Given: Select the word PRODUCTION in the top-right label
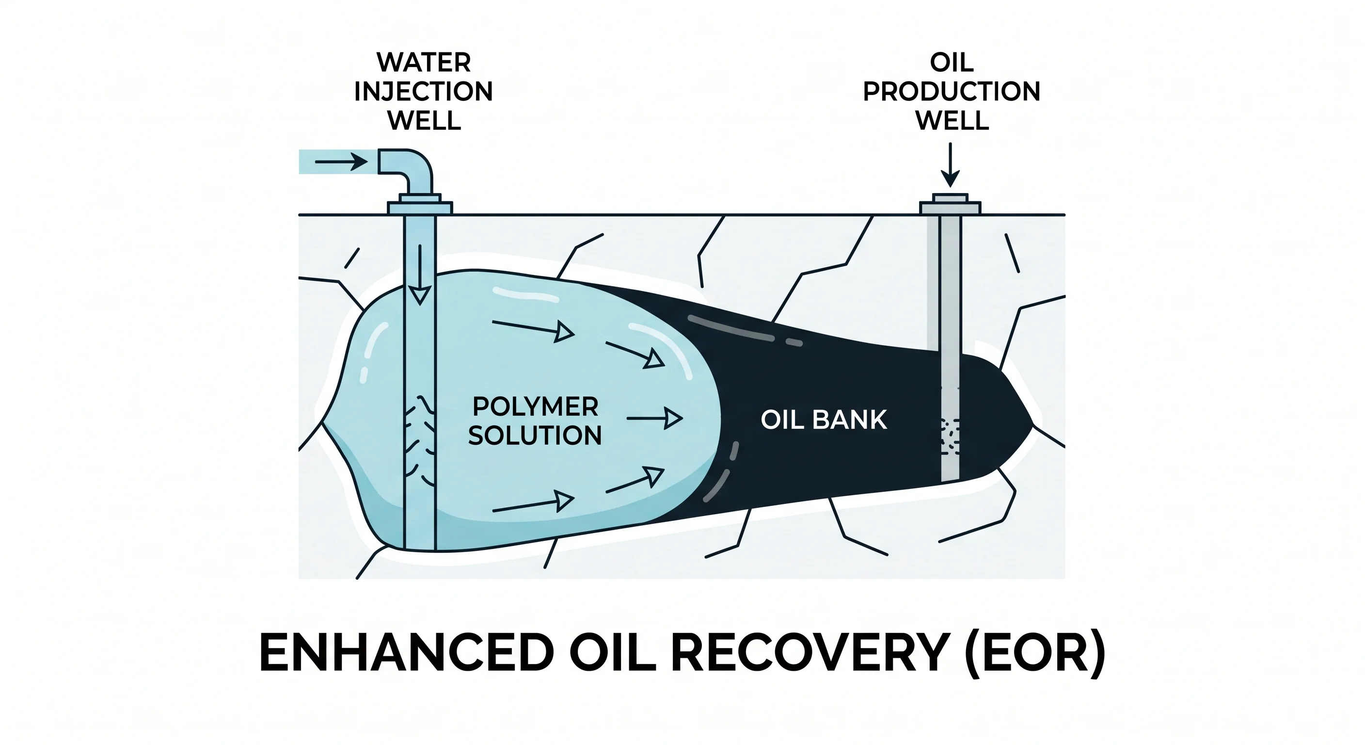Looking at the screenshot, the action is click(x=952, y=92).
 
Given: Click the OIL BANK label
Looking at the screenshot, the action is click(x=824, y=420).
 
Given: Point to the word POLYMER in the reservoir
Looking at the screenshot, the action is click(x=535, y=407).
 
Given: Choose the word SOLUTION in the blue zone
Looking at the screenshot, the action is click(x=535, y=436).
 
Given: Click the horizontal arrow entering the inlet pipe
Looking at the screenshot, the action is click(x=341, y=161).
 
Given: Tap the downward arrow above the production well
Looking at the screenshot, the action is click(x=951, y=164).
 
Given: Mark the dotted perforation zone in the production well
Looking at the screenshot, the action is click(x=950, y=437).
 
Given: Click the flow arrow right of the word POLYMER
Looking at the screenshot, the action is click(x=654, y=419).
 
